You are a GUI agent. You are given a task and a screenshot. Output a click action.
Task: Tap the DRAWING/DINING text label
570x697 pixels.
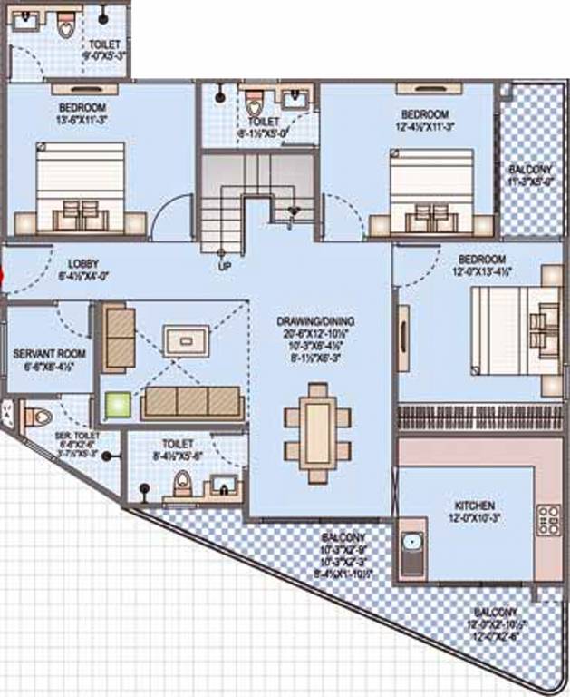pos(315,321)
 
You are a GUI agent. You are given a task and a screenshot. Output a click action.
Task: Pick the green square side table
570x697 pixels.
pos(116,406)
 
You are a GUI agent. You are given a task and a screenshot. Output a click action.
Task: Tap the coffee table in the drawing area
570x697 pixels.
pos(186,340)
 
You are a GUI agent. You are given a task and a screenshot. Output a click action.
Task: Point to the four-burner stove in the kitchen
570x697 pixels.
pos(548,518)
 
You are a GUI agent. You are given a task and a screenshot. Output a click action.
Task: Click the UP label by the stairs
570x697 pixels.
pos(224,267)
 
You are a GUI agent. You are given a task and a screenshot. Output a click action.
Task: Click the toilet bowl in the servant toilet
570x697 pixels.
pos(38,418)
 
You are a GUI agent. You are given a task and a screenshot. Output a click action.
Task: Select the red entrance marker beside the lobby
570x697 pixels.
pos(3,277)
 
